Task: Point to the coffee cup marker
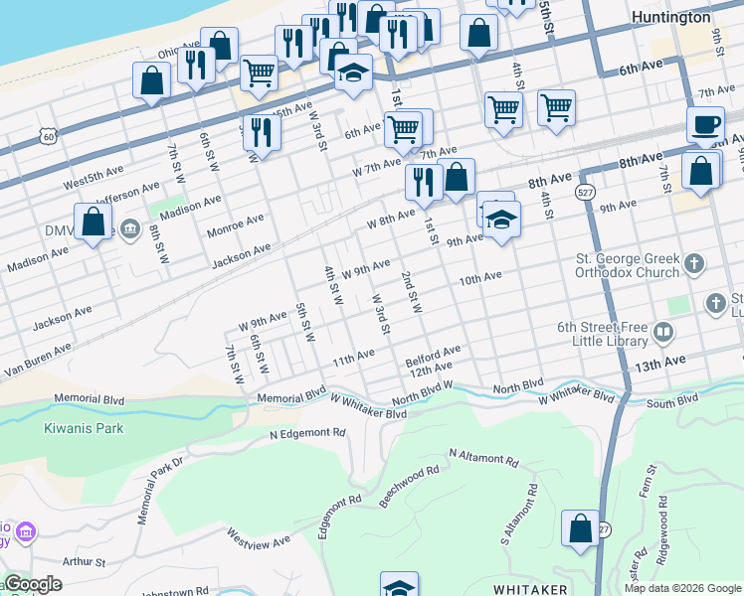point(705,125)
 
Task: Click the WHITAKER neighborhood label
point(531,589)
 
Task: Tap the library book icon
point(662,331)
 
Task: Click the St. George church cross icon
point(694,264)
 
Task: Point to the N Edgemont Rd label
point(307,434)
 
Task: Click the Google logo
point(33,584)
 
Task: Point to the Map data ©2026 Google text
point(681,588)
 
